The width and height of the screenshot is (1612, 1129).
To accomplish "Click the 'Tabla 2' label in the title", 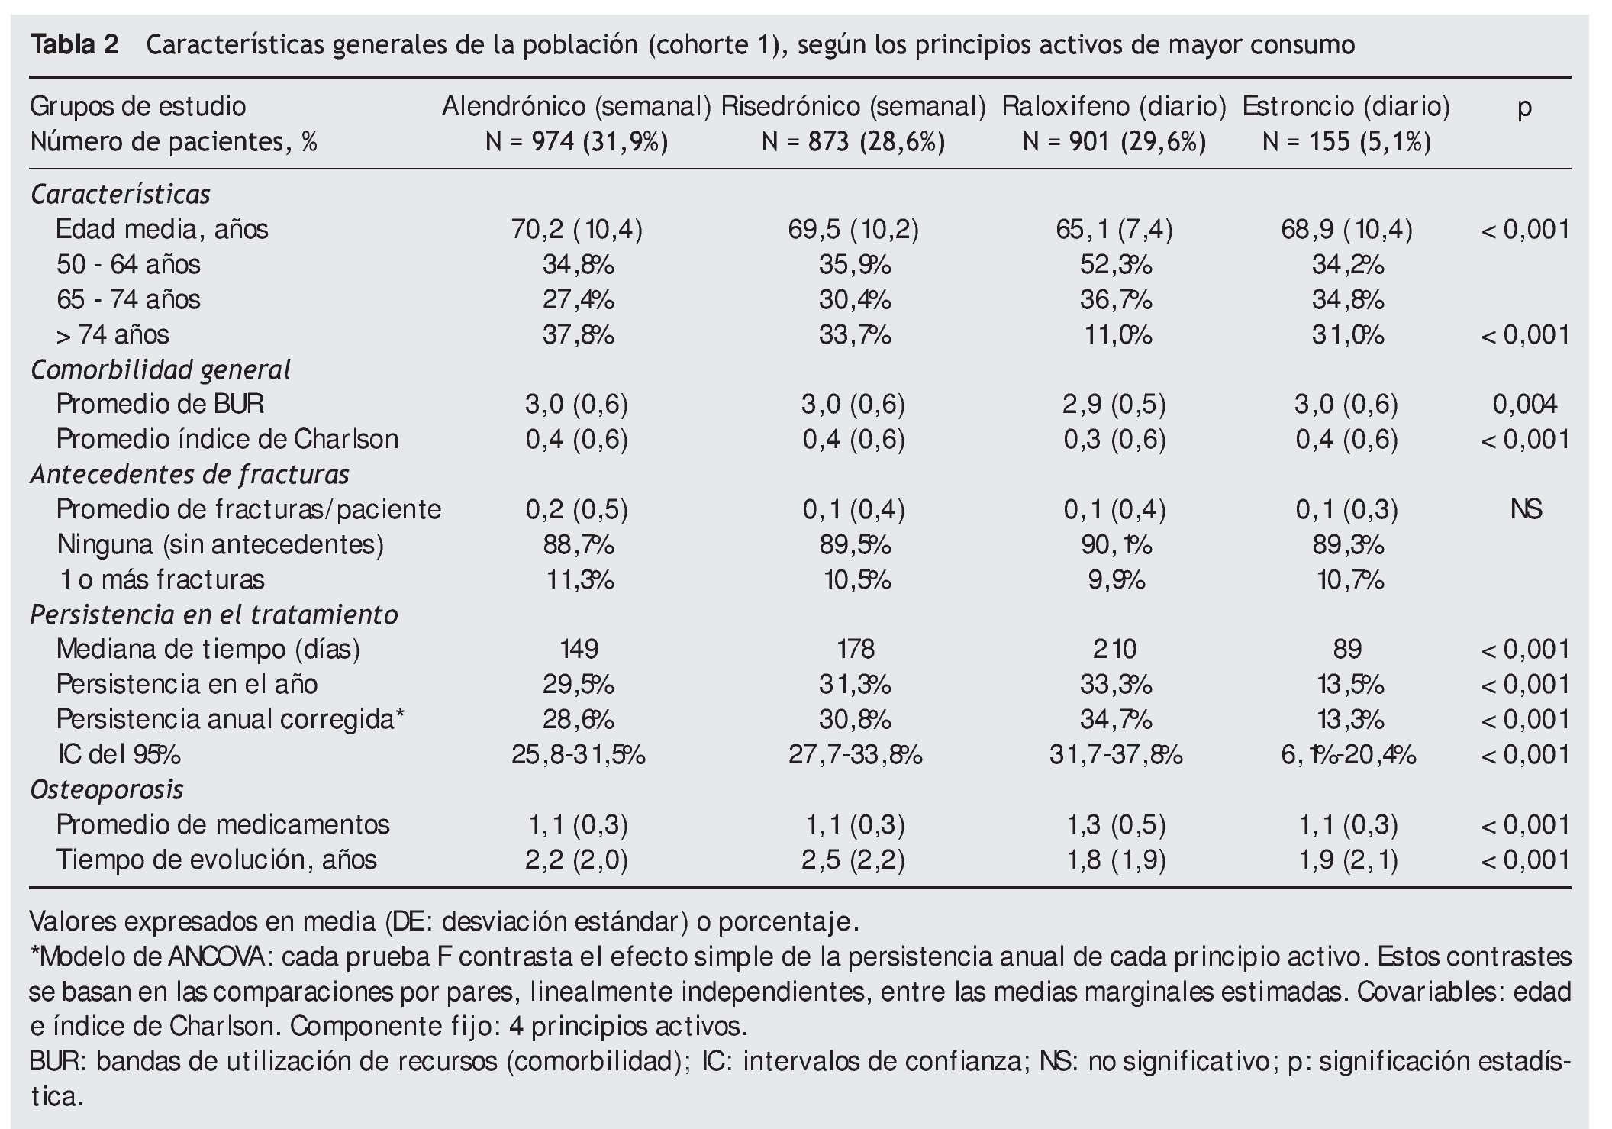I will coord(74,46).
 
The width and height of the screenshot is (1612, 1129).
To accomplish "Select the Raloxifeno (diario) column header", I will coord(1114,106).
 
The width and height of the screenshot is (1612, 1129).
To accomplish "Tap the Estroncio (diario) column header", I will coord(1346,106).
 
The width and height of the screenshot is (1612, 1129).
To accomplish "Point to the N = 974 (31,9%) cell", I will coord(576,142).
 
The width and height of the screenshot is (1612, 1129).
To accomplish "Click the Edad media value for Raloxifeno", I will coord(1114,229).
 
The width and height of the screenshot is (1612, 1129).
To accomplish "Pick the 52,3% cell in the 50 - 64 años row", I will coord(1115,264).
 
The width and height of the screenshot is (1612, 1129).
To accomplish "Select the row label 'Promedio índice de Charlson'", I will coord(227,439).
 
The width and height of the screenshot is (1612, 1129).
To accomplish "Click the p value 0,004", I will coord(1524,404).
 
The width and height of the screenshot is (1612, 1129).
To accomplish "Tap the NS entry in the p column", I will coord(1525,509).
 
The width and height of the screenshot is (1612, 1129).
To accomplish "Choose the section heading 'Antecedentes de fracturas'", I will coord(189,474).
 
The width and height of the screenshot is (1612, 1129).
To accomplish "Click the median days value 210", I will coord(1114,649).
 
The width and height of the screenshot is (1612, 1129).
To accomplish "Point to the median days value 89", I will coord(1346,649).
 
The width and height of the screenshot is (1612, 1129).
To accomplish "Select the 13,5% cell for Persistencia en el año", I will coord(1346,684).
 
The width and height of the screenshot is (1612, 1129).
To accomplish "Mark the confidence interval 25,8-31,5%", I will coord(578,754).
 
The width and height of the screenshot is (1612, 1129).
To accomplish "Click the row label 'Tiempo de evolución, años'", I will coord(216,860).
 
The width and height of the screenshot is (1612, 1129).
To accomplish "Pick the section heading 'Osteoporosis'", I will coord(107,789).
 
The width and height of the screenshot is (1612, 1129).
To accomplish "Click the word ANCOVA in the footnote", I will coord(217,956).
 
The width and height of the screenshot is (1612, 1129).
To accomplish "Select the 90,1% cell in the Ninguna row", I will coord(1115,544).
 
